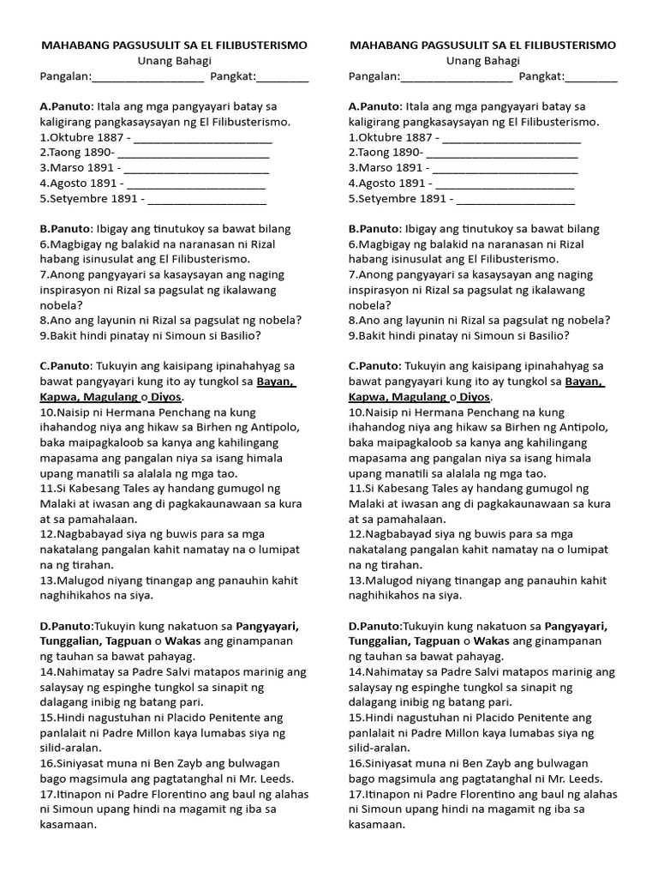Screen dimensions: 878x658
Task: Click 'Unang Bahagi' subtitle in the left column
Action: coord(175,61)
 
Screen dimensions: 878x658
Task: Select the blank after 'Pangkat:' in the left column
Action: coord(283,78)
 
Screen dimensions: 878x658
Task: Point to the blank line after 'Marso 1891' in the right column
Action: coord(505,169)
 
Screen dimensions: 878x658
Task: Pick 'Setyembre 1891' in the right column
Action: coord(399,199)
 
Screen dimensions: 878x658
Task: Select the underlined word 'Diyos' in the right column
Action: coord(476,397)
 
